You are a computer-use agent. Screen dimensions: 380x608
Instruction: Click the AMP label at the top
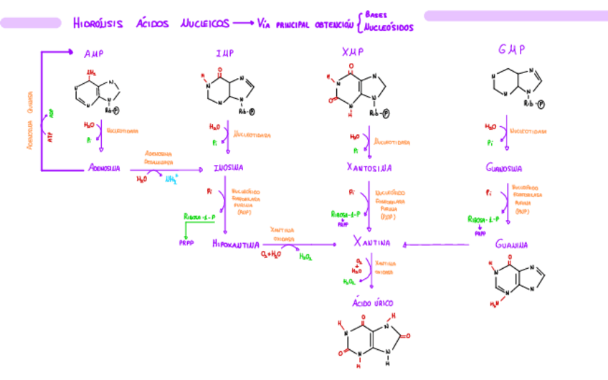93,53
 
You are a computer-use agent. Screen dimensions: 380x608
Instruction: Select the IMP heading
224,53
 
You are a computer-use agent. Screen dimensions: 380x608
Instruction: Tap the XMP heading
353,52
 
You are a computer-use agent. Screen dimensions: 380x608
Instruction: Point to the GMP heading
511,50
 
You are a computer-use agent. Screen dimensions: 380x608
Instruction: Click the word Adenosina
105,168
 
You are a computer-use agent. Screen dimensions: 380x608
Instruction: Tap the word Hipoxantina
236,244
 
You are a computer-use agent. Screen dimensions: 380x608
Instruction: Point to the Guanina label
511,244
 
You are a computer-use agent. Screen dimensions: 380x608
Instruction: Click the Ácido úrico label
367,303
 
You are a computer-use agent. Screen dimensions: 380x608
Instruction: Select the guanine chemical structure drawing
516,283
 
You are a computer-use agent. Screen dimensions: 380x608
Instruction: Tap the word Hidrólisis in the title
98,24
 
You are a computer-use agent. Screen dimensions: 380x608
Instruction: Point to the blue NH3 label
172,180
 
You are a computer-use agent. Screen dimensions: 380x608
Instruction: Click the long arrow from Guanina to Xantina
437,244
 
